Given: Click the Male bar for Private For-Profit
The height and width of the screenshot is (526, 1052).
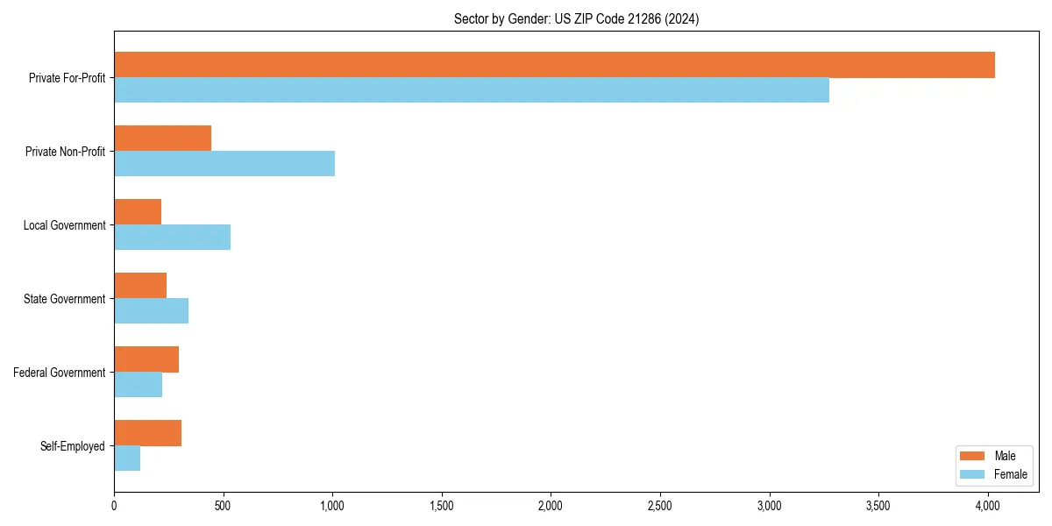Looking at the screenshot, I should pos(554,65).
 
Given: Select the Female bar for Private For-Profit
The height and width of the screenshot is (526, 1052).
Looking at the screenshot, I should pos(472,89).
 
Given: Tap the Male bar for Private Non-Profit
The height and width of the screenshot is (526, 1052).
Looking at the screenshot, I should pos(162,139).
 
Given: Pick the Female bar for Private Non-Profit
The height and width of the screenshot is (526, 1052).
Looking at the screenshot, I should pos(224,163).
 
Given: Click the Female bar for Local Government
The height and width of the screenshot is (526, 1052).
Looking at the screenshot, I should pos(172,237).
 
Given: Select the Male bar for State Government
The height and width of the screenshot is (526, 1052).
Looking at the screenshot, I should pos(140,286).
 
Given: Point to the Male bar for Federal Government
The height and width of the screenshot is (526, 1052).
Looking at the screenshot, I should pos(146,359).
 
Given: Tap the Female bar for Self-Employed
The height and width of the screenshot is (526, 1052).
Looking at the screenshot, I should pos(127,458).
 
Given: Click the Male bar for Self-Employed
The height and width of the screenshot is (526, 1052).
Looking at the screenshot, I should pos(147,433).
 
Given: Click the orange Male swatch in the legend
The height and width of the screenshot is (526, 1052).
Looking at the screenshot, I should pos(973,456).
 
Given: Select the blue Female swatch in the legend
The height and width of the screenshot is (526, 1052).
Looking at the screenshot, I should pos(973,474).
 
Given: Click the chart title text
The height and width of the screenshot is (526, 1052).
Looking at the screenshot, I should pos(576,18).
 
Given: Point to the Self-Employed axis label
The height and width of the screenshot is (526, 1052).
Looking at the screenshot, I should pos(73,446).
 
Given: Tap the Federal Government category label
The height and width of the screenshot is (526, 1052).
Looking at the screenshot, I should pos(60,373).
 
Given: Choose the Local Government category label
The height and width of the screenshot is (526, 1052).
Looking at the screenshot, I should pos(64,225).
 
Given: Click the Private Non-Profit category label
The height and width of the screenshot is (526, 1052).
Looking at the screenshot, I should pos(65,152).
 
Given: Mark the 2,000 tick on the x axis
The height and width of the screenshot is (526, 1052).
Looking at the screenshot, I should pos(551,505).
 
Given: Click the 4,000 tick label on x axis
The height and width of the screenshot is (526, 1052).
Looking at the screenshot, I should pos(987,505).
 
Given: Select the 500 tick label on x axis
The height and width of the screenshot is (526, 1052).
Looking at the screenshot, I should pos(223,505).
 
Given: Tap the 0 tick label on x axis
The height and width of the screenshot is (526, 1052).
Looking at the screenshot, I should pos(114,505).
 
